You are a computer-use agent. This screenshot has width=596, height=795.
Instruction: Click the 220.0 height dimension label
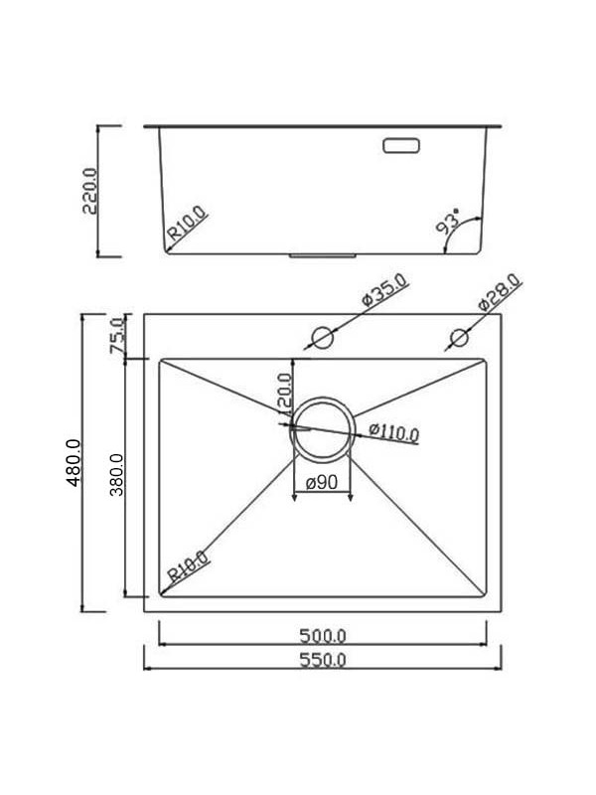(88, 190)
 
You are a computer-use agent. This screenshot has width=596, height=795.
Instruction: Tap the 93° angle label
(447, 221)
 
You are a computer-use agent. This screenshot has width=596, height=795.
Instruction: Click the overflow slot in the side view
(401, 145)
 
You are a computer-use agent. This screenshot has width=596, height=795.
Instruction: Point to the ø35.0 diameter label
(384, 295)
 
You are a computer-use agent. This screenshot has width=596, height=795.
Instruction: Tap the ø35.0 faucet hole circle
(322, 337)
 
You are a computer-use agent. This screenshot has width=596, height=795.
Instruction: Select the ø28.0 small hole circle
(458, 338)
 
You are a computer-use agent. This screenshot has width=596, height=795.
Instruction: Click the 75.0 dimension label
(117, 336)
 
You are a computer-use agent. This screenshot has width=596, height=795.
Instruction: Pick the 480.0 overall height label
(73, 463)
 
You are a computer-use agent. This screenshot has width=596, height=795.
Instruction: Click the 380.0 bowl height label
(116, 477)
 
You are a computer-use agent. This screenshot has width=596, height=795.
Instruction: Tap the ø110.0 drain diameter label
(393, 432)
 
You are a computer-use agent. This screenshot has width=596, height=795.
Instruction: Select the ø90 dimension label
(323, 483)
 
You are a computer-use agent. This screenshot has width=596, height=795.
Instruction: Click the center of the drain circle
(322, 428)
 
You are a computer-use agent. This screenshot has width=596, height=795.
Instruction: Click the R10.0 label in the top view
(188, 567)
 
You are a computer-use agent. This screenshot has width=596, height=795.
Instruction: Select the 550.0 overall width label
(323, 661)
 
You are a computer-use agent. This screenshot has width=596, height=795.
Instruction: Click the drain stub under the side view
(322, 255)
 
